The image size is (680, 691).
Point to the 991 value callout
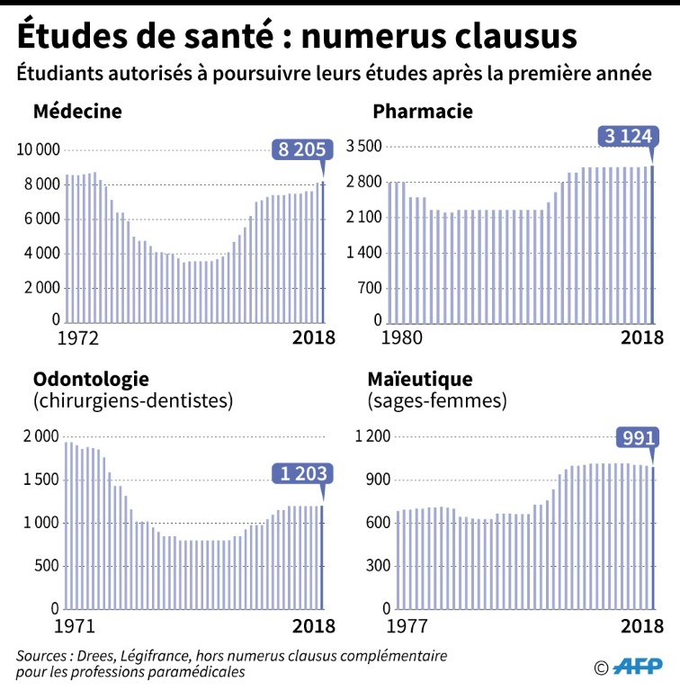635,438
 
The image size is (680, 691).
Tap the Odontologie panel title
91,379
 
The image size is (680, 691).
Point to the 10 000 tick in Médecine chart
37,149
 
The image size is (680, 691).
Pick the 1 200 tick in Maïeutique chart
372,436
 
